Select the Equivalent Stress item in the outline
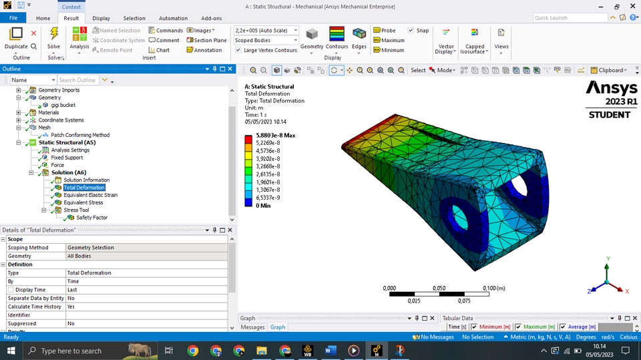pyautogui.click(x=83, y=202)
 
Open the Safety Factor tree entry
pyautogui.click(x=91, y=218)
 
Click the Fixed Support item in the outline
pyautogui.click(x=67, y=158)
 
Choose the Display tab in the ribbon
pyautogui.click(x=101, y=19)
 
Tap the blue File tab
pyautogui.click(x=13, y=19)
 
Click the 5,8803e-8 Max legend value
pyautogui.click(x=276, y=135)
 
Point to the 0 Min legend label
pyautogui.click(x=264, y=206)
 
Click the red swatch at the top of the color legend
pyautogui.click(x=248, y=139)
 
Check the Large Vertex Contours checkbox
pyautogui.click(x=238, y=50)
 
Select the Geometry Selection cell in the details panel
pyautogui.click(x=90, y=247)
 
